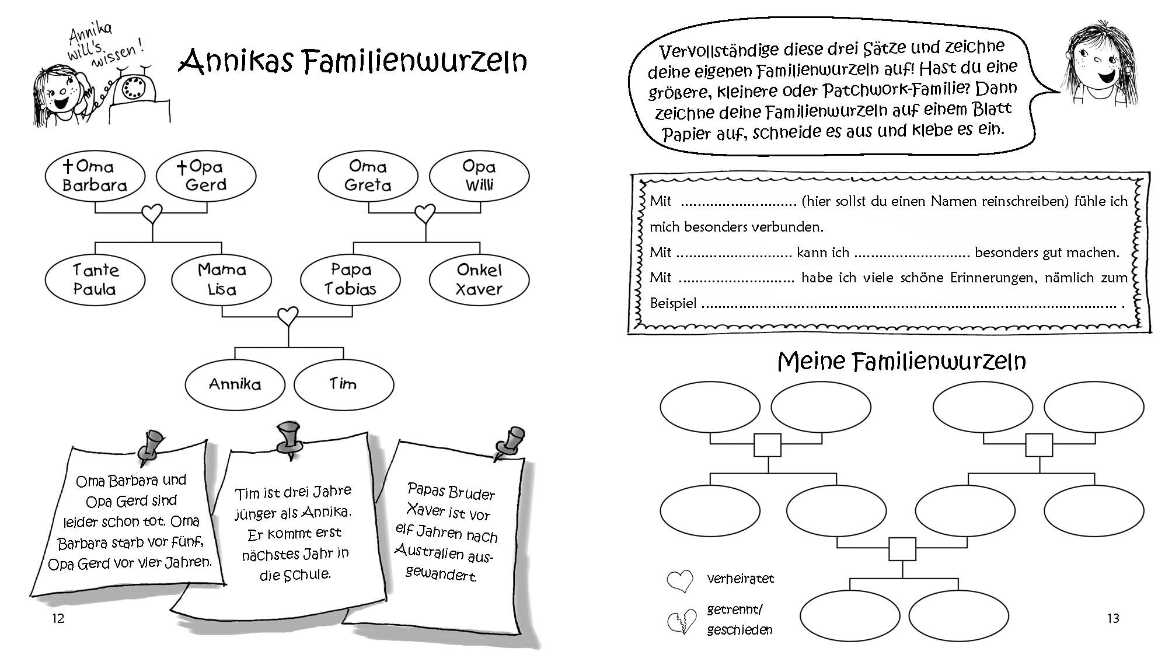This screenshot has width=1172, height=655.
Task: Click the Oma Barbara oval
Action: pos(95,176)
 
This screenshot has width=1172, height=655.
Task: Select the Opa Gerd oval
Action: pos(206,176)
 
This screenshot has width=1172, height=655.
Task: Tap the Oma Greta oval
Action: pos(368,176)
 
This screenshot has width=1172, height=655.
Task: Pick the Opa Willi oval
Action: pos(479,176)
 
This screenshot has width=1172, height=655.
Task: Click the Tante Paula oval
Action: pos(95,280)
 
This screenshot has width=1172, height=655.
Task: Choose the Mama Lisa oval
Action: pos(221,280)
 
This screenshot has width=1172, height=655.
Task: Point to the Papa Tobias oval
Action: pos(350,280)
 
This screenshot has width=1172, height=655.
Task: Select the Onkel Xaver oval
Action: pos(479,280)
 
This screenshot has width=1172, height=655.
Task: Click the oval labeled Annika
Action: pos(235,384)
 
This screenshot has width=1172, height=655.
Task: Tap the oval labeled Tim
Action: pos(343,384)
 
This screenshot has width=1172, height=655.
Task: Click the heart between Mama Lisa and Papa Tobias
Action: pos(287,317)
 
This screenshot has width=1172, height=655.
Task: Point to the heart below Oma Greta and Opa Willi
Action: pos(425,213)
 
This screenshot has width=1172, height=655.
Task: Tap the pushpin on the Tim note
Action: pos(288,439)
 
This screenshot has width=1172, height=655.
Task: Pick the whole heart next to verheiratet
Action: pos(679,580)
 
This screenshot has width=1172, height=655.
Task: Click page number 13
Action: pos(1113,618)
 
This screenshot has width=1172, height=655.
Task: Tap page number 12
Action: pos(58,619)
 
